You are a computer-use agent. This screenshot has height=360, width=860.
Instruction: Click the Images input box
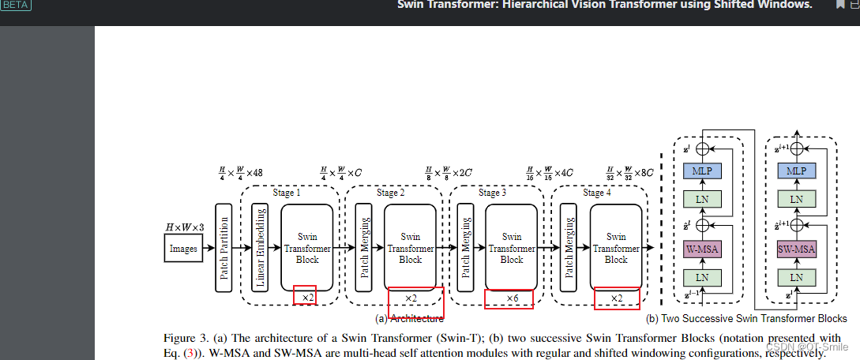[183, 248]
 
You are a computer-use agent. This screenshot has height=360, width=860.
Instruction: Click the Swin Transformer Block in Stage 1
[307, 247]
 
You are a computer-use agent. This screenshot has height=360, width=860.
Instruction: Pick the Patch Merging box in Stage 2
[364, 247]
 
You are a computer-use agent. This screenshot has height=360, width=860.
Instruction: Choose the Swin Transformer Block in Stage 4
[616, 247]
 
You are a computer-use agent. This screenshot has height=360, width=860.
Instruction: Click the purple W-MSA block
[697, 249]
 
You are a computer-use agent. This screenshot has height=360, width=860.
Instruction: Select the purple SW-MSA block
[796, 249]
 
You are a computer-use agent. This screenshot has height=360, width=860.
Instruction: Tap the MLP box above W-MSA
[697, 171]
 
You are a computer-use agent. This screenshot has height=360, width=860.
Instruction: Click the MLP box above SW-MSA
[796, 171]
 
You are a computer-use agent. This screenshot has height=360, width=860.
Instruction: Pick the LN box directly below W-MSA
[697, 277]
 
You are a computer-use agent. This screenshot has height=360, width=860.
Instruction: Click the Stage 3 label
[493, 193]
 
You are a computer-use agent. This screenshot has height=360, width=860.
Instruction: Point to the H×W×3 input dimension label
[183, 227]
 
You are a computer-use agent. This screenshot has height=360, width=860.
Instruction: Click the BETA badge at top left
[16, 5]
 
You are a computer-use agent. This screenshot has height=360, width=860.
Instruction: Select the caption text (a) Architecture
[409, 319]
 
